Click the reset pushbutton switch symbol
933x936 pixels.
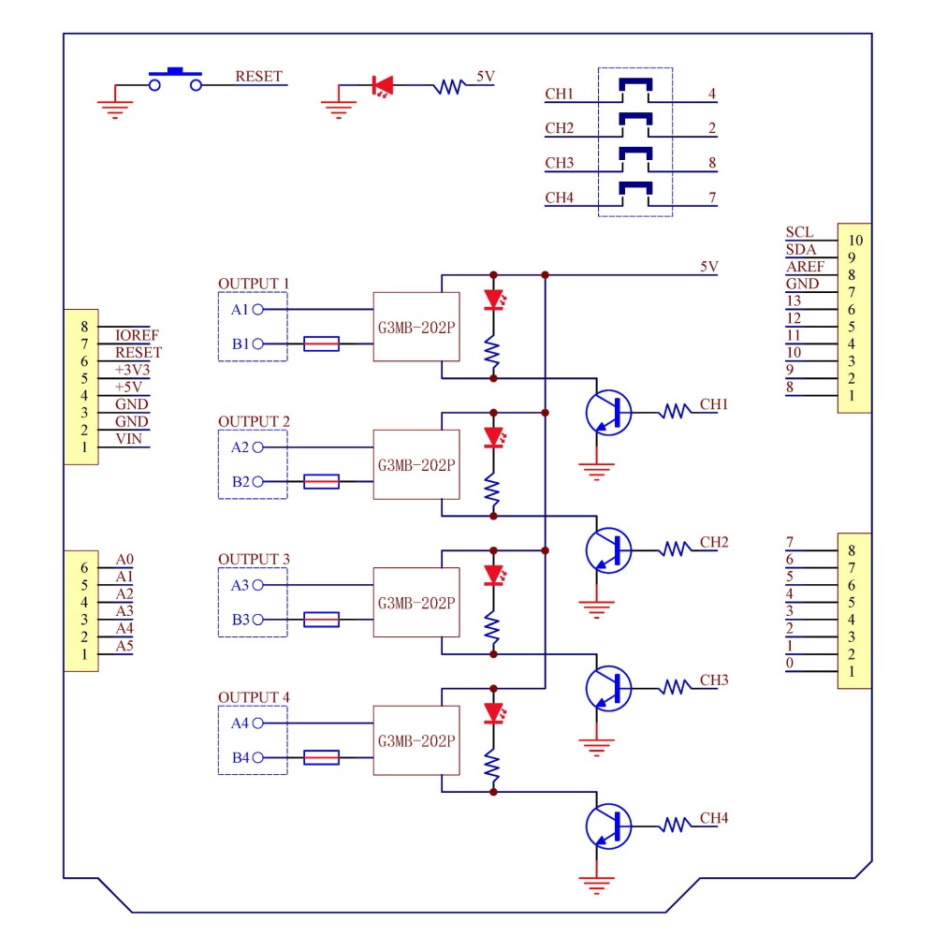click(175, 80)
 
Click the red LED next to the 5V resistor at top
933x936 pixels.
click(382, 86)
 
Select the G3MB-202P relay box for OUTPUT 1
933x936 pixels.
click(416, 327)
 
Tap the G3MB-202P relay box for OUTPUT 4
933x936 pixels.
click(416, 739)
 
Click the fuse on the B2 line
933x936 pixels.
click(321, 482)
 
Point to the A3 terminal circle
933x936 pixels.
click(256, 585)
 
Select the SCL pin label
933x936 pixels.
click(800, 232)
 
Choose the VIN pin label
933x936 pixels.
click(129, 439)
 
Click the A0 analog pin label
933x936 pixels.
click(124, 560)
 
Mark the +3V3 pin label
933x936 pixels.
click(131, 370)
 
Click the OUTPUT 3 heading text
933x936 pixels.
click(254, 559)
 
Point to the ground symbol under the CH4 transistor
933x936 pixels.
click(595, 881)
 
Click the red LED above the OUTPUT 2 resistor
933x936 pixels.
click(494, 437)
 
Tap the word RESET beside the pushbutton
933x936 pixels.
click(258, 77)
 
